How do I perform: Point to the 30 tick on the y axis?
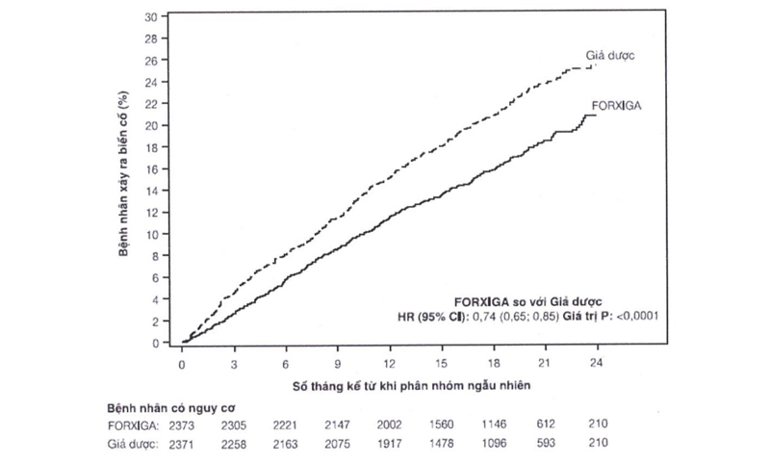pos(151,16)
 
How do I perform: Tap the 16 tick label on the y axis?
pos(151,168)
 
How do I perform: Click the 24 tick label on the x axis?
pos(598,365)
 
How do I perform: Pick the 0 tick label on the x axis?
pos(183,365)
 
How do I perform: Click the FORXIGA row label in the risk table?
pos(134,424)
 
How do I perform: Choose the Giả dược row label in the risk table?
pos(134,443)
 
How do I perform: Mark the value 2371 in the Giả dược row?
pos(183,443)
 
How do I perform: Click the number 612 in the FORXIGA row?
pos(546,424)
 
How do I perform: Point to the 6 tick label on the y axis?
pos(154,277)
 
